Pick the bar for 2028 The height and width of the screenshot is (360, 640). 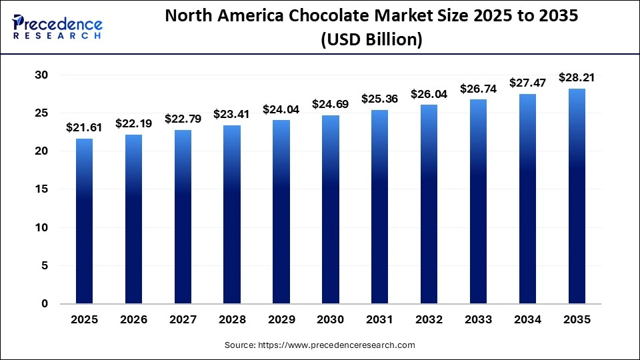tap(231, 215)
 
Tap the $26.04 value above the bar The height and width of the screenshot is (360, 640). tap(428, 94)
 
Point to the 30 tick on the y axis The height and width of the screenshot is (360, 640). tap(41, 75)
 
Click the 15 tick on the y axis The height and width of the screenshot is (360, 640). tap(41, 189)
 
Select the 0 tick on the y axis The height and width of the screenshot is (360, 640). tap(44, 304)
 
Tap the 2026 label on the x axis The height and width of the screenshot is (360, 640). tap(133, 320)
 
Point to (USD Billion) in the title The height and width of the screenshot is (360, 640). tap(371, 40)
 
